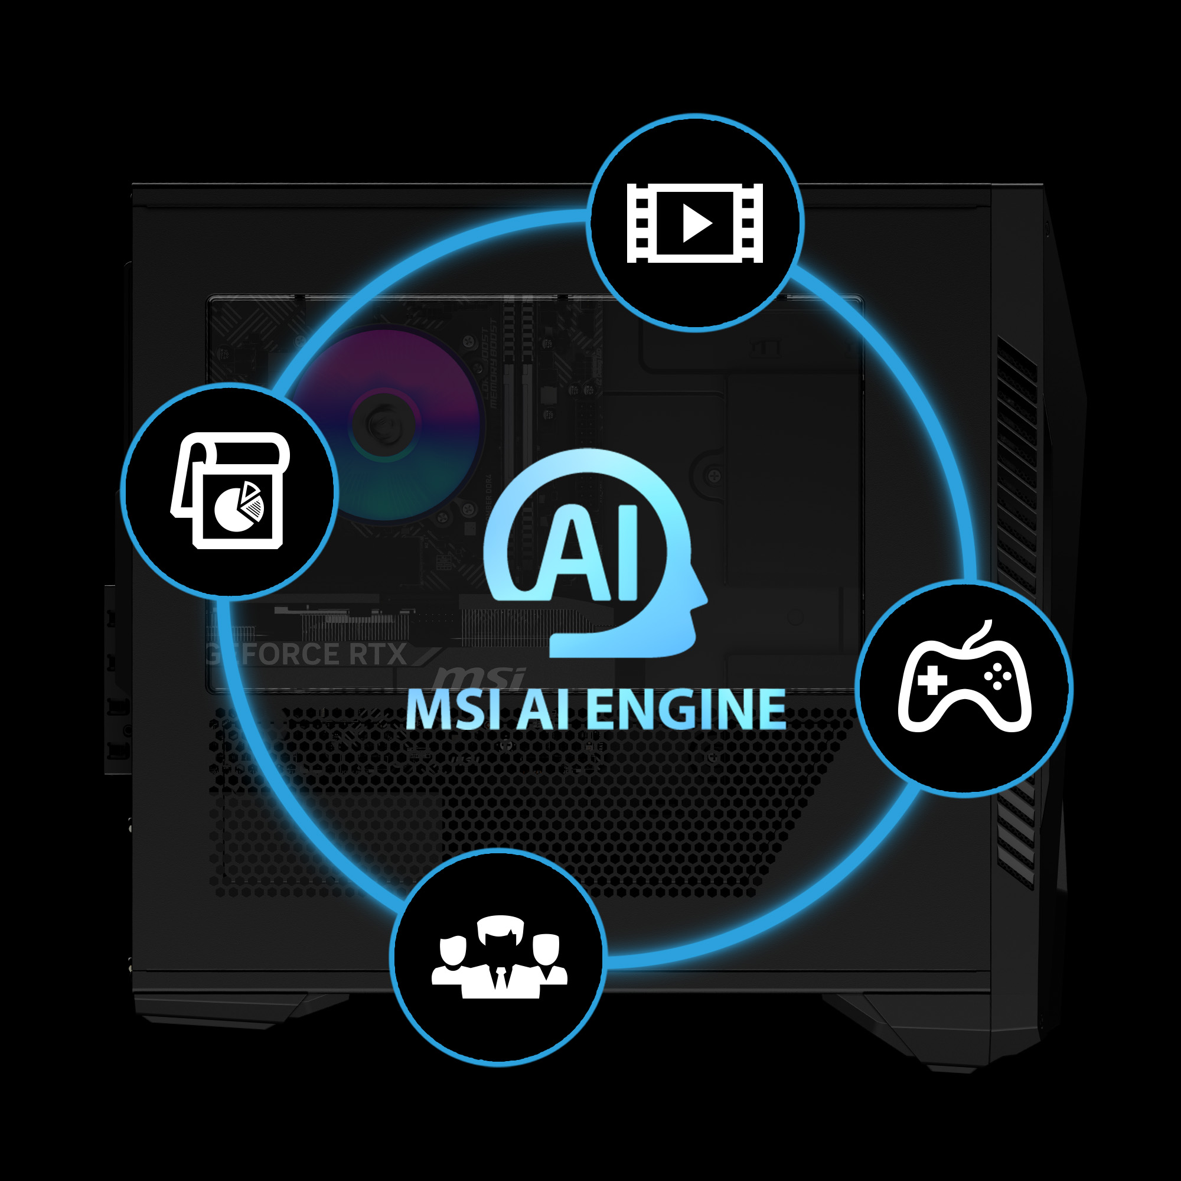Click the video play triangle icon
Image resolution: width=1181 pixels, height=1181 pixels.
pos(697,223)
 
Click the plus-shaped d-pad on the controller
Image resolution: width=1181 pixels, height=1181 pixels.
pos(932,680)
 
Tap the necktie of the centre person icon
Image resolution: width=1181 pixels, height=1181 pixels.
pos(501,977)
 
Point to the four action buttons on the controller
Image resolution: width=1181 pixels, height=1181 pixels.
pos(997,676)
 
